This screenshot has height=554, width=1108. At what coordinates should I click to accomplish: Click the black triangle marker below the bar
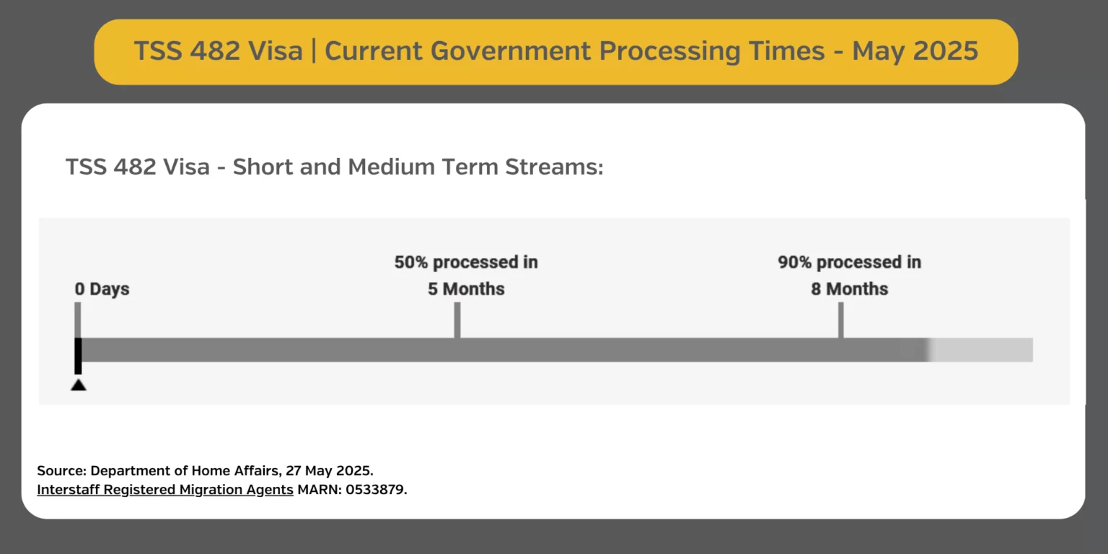[x=78, y=384]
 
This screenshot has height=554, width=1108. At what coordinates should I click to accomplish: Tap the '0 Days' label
[x=102, y=289]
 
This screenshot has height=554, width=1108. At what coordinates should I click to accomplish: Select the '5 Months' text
[x=466, y=289]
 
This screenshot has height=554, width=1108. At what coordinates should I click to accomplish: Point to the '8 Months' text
[x=849, y=289]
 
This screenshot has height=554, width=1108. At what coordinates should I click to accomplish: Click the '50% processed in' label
[x=466, y=262]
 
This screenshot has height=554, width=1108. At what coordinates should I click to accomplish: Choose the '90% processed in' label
[x=849, y=262]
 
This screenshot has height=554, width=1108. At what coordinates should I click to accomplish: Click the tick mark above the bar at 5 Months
[x=457, y=320]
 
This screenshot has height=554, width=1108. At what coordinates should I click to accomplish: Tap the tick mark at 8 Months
[x=841, y=320]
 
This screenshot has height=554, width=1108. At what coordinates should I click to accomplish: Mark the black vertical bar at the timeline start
[x=78, y=356]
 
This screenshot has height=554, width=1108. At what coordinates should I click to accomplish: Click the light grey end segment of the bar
[x=980, y=350]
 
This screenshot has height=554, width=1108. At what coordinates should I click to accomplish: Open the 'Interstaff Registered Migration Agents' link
[x=165, y=490]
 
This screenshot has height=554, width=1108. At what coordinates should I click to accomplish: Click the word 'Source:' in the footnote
[x=62, y=470]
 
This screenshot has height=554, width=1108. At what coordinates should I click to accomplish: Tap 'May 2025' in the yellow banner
[x=915, y=50]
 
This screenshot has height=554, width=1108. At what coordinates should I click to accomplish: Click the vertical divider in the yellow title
[x=314, y=51]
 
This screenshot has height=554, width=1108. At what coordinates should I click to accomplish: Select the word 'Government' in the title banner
[x=511, y=51]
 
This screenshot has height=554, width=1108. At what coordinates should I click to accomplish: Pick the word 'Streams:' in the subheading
[x=554, y=167]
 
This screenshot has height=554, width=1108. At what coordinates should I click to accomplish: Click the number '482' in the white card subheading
[x=133, y=167]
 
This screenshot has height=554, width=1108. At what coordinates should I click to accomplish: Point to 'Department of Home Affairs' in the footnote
[x=185, y=470]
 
